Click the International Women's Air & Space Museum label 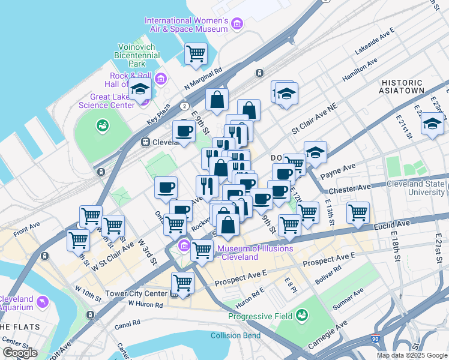coord(186,25)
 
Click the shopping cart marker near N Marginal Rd coord(196,53)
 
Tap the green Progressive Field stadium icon coord(302,315)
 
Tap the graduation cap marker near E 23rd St coord(432,124)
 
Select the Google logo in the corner coord(20,353)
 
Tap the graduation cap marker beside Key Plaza coord(140,90)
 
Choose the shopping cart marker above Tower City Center coord(182,282)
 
